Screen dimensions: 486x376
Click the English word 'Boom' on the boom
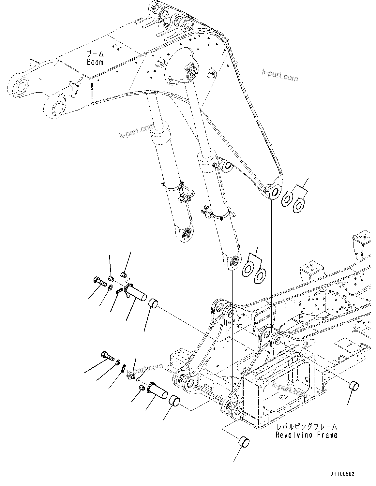pos(95,62)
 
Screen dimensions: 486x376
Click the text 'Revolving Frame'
pos(306,434)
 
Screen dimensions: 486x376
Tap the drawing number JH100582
pos(342,474)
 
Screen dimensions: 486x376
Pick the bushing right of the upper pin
pos(153,303)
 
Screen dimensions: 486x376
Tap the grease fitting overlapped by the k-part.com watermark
pos(130,375)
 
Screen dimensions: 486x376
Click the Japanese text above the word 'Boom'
pos(95,54)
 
